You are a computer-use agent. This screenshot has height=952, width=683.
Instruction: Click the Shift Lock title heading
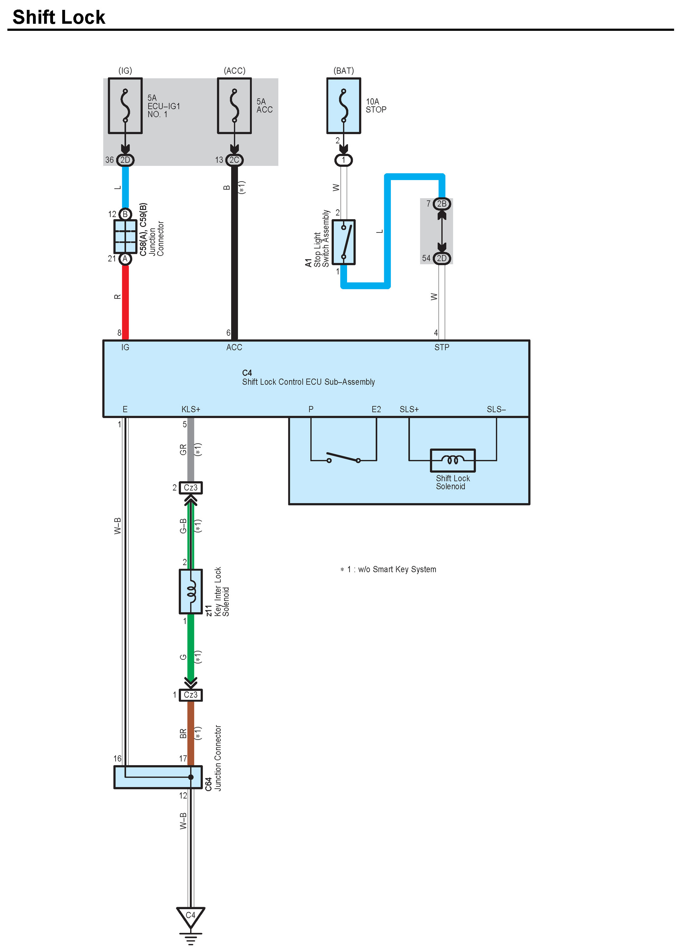click(x=59, y=17)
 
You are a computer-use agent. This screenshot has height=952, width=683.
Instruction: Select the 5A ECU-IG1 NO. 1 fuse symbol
click(x=125, y=106)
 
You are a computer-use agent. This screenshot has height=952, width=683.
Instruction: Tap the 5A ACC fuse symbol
click(x=234, y=106)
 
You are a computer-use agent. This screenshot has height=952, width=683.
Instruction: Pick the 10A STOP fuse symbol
click(x=343, y=106)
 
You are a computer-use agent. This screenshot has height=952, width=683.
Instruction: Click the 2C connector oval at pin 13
click(x=234, y=160)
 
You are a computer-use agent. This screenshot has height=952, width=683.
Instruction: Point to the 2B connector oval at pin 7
click(x=441, y=204)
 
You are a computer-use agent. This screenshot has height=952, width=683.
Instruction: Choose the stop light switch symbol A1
click(x=343, y=242)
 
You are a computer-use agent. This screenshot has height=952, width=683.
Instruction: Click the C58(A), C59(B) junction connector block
click(x=125, y=236)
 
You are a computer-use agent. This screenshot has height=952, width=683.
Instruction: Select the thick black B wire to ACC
click(x=234, y=252)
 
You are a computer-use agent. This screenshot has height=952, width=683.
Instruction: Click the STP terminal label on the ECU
click(x=441, y=347)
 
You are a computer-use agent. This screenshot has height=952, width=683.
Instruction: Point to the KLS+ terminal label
click(x=191, y=409)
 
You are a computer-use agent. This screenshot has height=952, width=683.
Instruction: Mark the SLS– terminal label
click(x=496, y=409)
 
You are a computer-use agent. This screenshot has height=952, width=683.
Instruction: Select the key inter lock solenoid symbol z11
click(x=191, y=591)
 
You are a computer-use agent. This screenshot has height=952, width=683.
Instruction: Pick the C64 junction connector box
click(x=158, y=777)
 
